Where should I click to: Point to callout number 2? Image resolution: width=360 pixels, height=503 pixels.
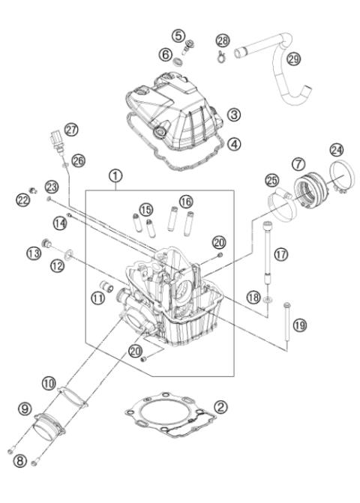pos(220,407)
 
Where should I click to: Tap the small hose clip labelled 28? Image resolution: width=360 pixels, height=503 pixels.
pos(223,53)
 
